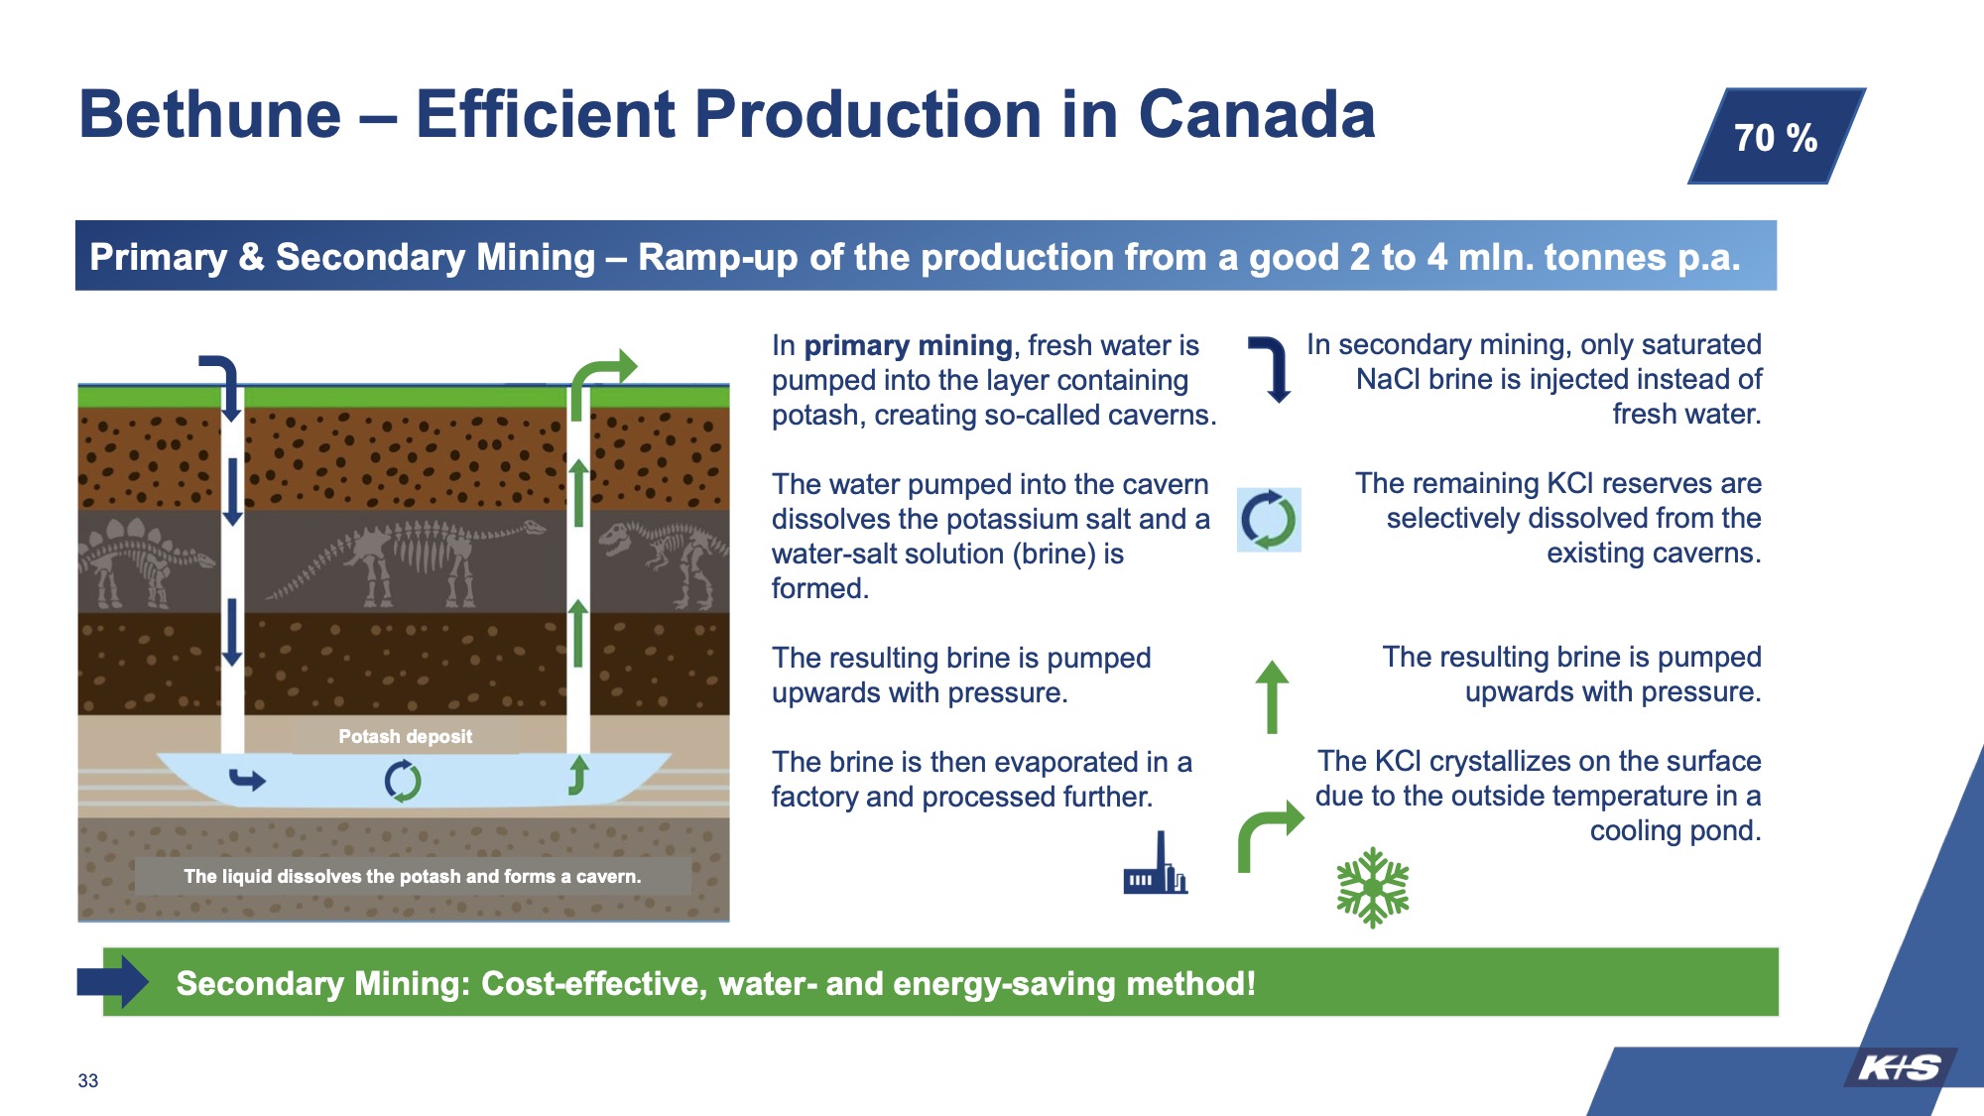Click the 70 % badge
1777,136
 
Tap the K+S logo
1899,1067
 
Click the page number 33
88,1080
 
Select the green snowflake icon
1373,887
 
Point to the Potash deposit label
405,736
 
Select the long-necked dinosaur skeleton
407,560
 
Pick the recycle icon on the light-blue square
1269,519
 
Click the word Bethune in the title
210,114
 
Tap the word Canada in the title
1257,114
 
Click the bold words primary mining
908,345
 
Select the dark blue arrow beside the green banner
113,981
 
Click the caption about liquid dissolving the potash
413,876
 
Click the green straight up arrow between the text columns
1272,696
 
